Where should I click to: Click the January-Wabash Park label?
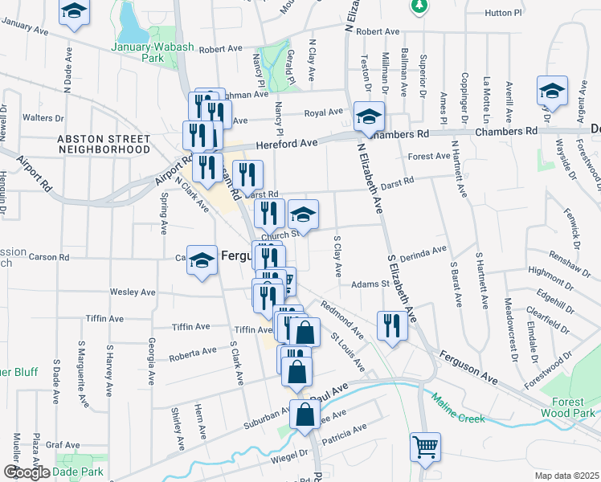click(x=147, y=52)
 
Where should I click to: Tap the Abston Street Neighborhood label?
click(x=103, y=144)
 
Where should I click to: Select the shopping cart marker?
click(x=425, y=447)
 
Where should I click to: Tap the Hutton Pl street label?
click(x=505, y=14)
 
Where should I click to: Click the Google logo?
click(x=26, y=472)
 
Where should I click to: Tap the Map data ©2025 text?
click(x=566, y=476)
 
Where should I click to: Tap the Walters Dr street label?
click(x=43, y=117)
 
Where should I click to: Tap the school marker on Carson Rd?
click(x=202, y=260)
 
